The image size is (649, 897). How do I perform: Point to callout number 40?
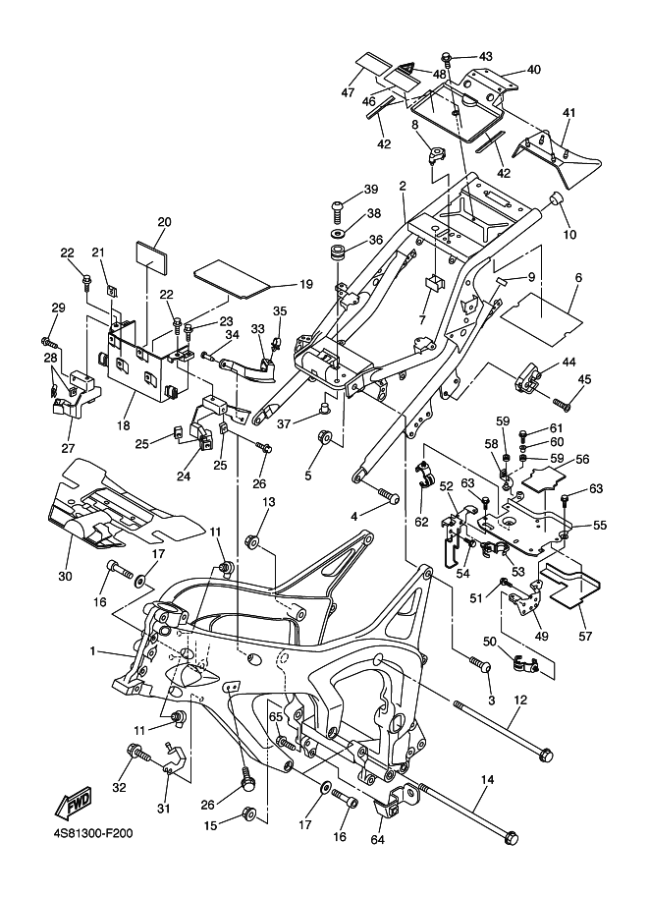(533, 70)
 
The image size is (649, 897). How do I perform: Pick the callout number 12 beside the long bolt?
(520, 700)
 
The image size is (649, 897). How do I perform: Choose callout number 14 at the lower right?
(485, 779)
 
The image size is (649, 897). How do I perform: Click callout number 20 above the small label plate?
(164, 222)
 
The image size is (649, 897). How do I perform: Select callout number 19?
(305, 284)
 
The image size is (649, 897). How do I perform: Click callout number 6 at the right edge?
(578, 279)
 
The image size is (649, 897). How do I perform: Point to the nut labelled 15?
(248, 814)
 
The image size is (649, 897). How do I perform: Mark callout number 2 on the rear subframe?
(403, 186)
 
